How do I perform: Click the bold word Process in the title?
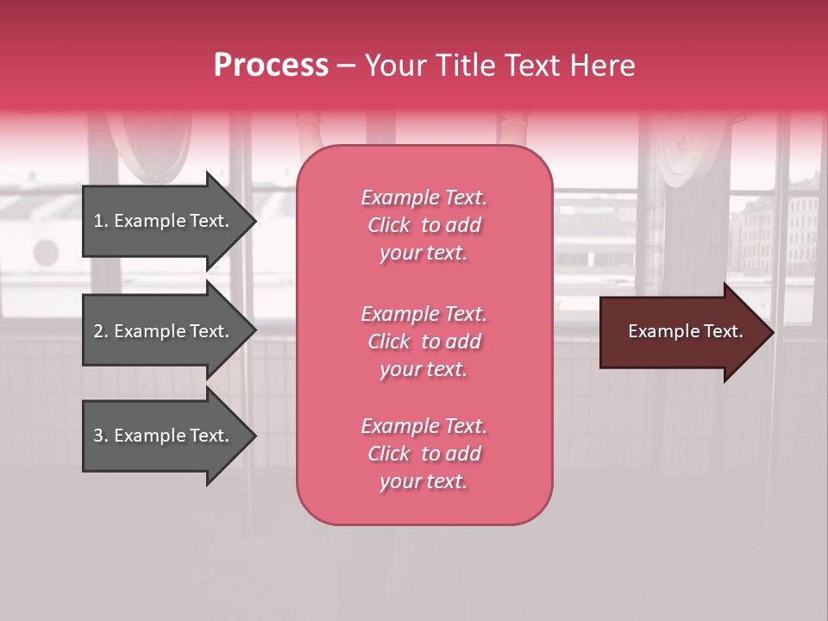tap(271, 66)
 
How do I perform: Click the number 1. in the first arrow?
tap(101, 221)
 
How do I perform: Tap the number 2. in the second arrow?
tap(101, 331)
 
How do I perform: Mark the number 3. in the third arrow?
tap(101, 436)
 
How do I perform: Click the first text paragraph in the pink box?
tap(423, 225)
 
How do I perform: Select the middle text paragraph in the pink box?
tap(423, 342)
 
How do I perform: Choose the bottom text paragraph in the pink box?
tap(423, 454)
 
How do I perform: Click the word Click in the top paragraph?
tap(389, 225)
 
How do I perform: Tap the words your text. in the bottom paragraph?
tap(423, 482)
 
